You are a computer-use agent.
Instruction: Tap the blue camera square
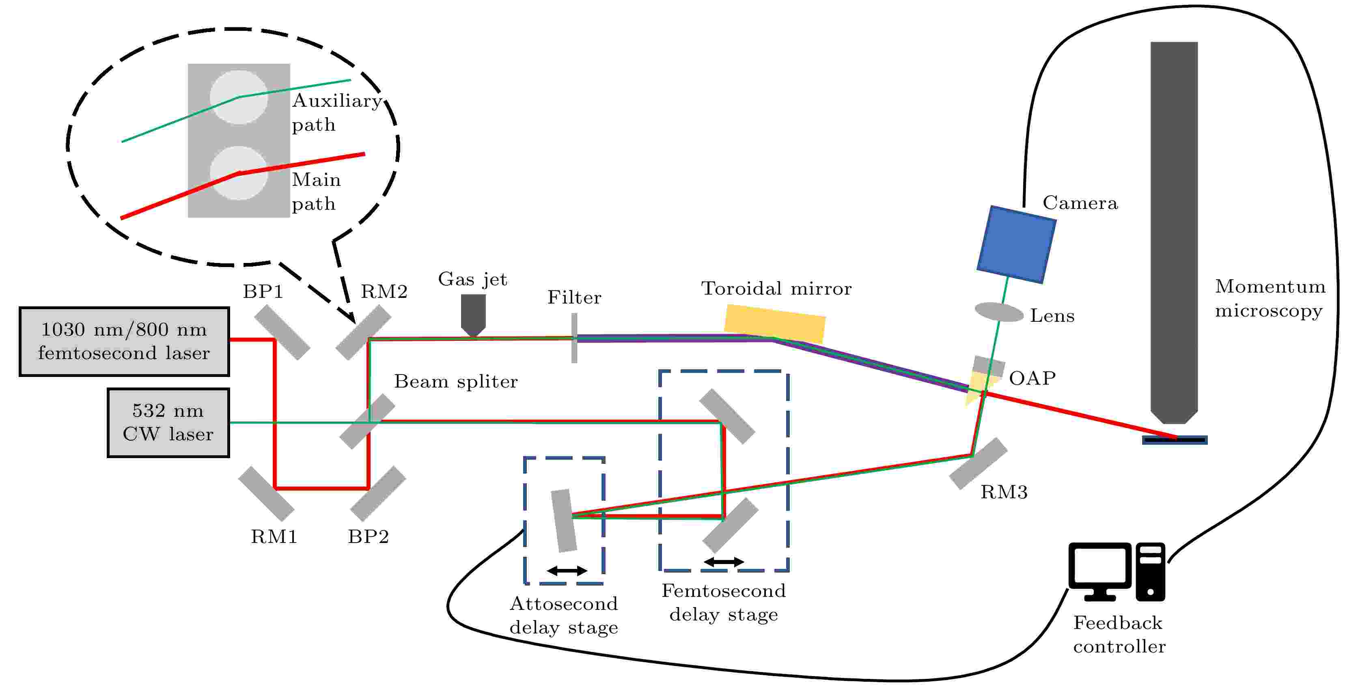1016,245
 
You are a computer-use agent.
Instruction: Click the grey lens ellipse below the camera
999,312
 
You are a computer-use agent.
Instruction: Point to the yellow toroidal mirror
774,324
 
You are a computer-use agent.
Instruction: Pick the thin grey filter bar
574,338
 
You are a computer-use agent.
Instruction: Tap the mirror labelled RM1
266,493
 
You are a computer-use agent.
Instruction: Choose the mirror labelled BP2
378,493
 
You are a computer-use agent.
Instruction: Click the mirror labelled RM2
364,333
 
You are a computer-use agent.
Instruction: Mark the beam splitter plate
367,422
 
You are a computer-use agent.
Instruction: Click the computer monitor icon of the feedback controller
1100,571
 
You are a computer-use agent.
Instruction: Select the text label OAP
1032,378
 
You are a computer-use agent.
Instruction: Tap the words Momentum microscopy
1270,298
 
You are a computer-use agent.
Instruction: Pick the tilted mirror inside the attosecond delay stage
564,521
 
